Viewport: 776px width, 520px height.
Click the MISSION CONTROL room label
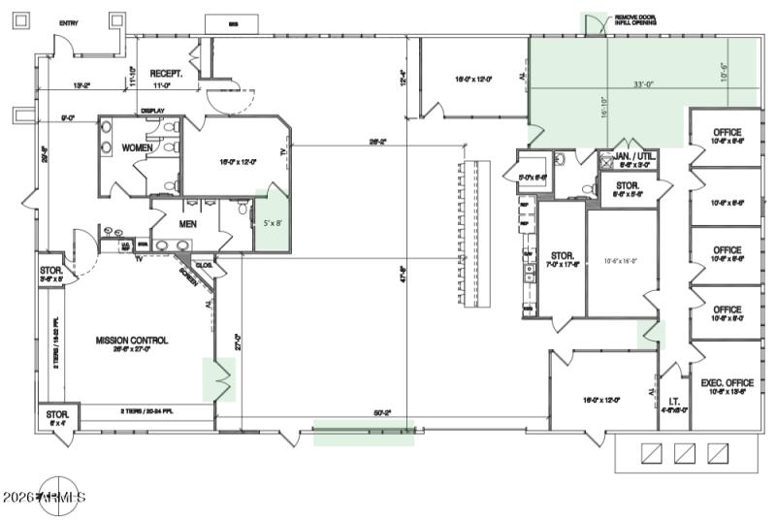(131, 341)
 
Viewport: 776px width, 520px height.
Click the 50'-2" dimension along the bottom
(382, 412)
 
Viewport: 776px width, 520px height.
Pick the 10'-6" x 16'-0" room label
(622, 261)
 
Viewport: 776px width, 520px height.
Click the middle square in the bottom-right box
(686, 452)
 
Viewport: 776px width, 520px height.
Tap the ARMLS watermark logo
(58, 497)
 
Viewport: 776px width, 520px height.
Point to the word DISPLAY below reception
(152, 111)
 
